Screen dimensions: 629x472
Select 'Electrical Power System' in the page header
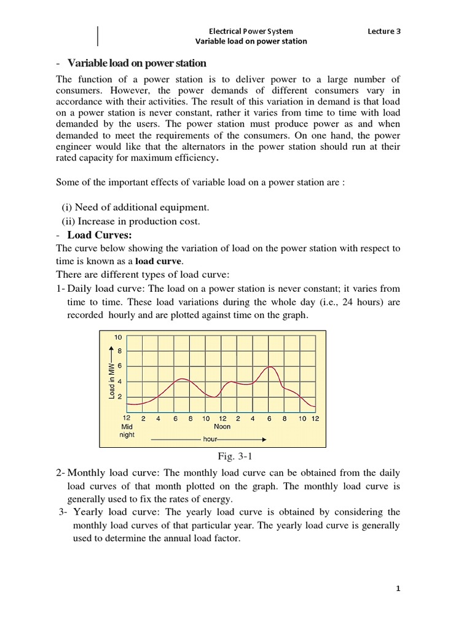tap(251, 31)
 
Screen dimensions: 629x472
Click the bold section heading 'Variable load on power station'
tap(136, 63)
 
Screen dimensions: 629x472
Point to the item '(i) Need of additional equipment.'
tap(135, 206)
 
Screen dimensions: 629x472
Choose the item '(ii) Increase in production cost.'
tap(131, 221)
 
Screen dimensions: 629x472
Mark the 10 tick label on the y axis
tap(119, 338)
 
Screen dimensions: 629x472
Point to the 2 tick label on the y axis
tap(120, 397)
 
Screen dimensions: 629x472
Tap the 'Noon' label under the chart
tap(222, 426)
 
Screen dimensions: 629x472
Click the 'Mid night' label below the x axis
tap(127, 430)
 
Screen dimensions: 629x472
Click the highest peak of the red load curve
tap(270, 367)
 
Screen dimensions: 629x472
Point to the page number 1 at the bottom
tap(398, 588)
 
